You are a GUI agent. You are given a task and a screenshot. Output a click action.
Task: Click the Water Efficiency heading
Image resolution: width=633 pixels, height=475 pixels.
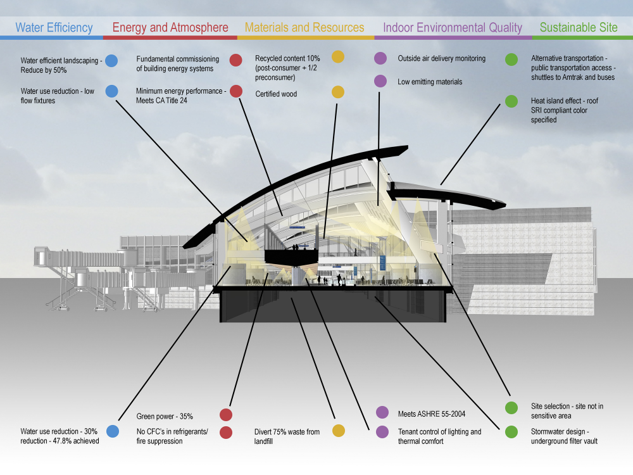click(x=54, y=28)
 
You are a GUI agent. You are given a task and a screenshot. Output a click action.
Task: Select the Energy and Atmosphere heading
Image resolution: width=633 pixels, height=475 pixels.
click(x=170, y=28)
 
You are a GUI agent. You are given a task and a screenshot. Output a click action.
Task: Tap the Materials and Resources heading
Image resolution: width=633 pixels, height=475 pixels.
click(x=304, y=28)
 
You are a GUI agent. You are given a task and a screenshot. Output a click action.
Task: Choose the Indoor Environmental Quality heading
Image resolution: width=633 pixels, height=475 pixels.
click(x=453, y=28)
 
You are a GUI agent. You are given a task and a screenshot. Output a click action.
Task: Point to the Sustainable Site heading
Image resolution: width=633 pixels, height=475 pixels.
click(x=579, y=28)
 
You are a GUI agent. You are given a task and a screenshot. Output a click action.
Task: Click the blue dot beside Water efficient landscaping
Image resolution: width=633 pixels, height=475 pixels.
click(x=111, y=61)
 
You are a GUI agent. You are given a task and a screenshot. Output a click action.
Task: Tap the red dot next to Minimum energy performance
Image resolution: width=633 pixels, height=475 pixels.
click(x=236, y=91)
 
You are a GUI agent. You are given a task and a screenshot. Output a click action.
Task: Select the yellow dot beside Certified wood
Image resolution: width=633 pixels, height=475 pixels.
click(x=338, y=92)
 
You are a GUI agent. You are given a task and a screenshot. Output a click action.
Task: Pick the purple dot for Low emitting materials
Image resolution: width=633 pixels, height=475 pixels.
click(x=380, y=80)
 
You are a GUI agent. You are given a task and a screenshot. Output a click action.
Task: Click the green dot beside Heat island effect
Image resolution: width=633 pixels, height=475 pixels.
click(x=511, y=101)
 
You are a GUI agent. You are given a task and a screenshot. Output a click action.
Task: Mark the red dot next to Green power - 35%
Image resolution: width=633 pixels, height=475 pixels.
click(x=226, y=415)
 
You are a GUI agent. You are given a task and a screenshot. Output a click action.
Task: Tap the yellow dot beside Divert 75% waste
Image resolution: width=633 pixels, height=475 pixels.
click(x=338, y=431)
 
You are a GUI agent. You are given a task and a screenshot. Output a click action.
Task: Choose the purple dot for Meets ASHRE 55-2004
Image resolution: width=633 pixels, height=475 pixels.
click(x=382, y=413)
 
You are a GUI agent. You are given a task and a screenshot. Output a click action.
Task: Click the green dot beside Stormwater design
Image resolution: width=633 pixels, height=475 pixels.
click(x=511, y=432)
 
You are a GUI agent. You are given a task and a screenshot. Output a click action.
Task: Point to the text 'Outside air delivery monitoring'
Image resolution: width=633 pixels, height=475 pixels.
click(x=441, y=58)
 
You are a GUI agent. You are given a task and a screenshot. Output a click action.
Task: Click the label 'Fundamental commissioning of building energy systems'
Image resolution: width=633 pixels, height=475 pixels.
click(x=177, y=63)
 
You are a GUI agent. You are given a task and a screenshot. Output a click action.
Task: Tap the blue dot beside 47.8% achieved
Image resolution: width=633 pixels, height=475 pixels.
click(x=112, y=431)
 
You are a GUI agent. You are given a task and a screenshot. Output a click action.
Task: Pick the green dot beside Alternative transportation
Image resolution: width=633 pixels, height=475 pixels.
click(x=511, y=60)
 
